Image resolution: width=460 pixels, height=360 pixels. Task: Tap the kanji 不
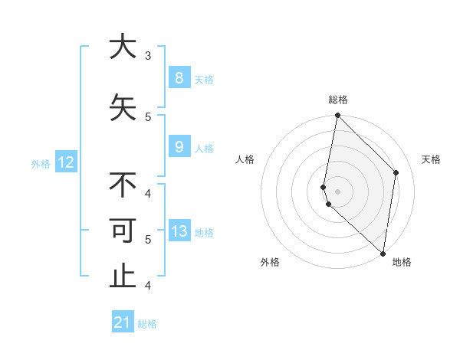123,185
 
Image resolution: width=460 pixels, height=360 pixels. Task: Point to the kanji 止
123,277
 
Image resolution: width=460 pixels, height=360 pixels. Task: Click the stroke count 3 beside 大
148,56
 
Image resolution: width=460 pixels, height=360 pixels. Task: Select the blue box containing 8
179,78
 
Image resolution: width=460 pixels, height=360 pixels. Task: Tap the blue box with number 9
179,147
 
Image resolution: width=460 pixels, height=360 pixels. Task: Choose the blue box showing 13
179,231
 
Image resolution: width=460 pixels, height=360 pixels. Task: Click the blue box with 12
65,162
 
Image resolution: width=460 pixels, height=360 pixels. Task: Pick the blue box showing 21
123,322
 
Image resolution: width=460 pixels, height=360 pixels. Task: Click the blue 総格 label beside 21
147,324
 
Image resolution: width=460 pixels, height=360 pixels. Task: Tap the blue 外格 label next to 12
41,163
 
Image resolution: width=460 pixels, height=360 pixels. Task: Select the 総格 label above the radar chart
338,100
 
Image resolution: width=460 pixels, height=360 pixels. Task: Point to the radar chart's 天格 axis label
431,159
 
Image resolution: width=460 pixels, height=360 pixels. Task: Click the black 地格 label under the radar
402,263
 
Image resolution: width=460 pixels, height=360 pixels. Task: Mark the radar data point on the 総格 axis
337,116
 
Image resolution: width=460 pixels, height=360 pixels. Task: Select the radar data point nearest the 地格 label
383,253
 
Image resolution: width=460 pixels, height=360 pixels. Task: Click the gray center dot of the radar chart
337,191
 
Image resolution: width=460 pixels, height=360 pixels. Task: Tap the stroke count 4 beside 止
148,286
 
